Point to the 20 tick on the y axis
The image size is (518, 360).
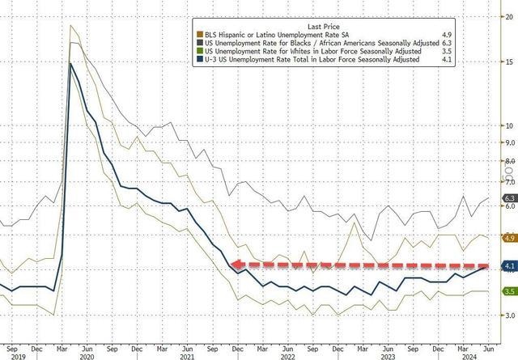pos(509,15)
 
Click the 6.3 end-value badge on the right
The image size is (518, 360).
pos(510,198)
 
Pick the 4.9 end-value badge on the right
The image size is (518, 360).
pos(510,239)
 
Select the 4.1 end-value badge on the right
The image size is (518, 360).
pos(510,265)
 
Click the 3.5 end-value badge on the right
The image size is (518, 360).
pos(510,291)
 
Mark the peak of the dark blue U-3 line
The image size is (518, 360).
pos(72,63)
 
